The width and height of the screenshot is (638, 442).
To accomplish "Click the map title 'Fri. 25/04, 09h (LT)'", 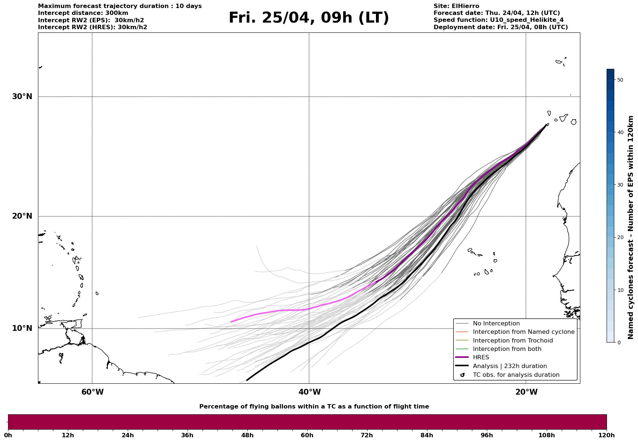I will [309, 18].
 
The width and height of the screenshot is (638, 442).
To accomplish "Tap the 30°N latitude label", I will [22, 97].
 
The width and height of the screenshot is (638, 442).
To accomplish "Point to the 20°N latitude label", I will [22, 216].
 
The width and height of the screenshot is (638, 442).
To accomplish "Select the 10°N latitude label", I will [22, 328].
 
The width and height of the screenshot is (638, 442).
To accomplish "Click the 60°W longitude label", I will [92, 392].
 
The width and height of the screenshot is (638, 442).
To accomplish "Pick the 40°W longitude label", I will [310, 392].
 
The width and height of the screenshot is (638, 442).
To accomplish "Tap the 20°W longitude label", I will [526, 392].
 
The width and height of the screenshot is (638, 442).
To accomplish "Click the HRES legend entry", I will [481, 357].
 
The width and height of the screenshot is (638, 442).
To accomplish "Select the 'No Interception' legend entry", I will [496, 324].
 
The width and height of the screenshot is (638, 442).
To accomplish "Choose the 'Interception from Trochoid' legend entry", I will [512, 341].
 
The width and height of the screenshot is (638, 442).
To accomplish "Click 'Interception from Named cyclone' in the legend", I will [523, 332].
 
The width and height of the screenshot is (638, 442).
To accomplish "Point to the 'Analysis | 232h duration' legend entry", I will [510, 366].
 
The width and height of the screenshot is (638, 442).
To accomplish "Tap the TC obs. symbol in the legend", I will [462, 375].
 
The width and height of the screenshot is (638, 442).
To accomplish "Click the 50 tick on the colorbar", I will [620, 80].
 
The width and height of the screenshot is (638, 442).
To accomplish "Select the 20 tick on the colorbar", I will [620, 238].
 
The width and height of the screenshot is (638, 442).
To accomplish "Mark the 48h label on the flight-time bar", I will [247, 435].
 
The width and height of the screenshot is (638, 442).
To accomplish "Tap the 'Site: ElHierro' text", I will [456, 6].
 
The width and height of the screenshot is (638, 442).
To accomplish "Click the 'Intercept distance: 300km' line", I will [83, 13].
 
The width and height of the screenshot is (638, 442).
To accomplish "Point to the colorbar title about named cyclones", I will [630, 227].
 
